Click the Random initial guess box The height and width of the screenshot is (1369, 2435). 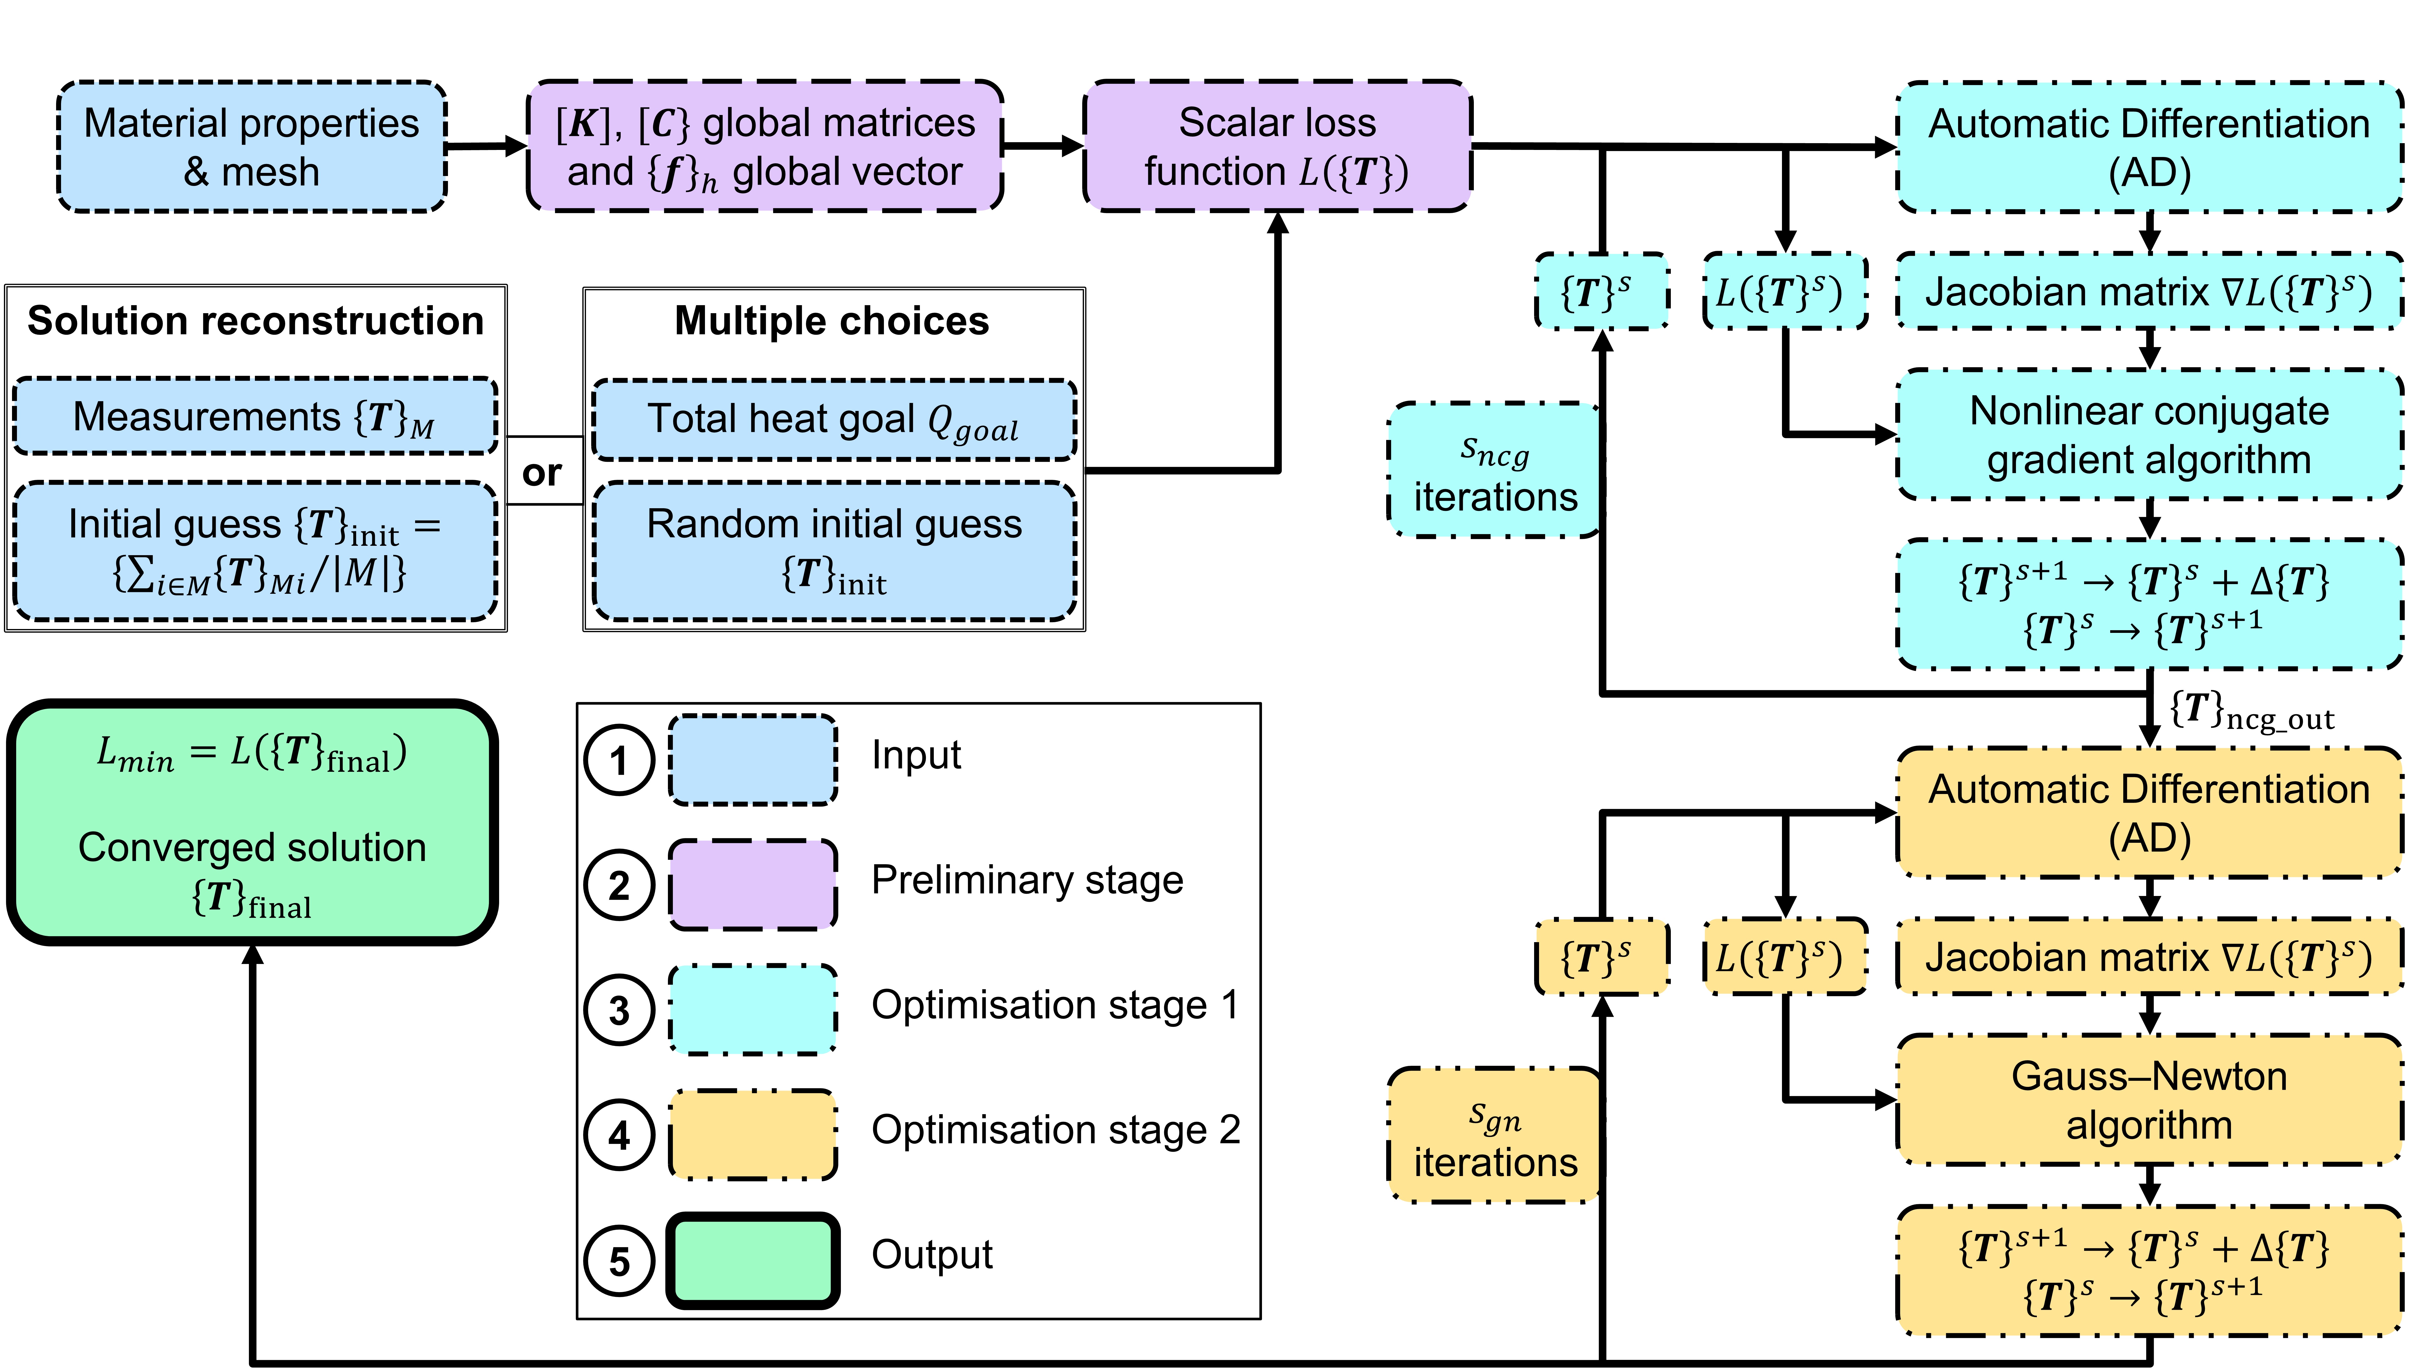tap(834, 550)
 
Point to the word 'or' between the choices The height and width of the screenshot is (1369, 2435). tap(542, 473)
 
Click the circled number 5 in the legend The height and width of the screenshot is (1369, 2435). tap(619, 1261)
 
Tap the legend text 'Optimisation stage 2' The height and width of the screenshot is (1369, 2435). tap(1055, 1130)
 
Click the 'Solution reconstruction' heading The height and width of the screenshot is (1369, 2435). tap(255, 321)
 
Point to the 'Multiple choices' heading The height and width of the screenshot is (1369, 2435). tap(832, 321)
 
